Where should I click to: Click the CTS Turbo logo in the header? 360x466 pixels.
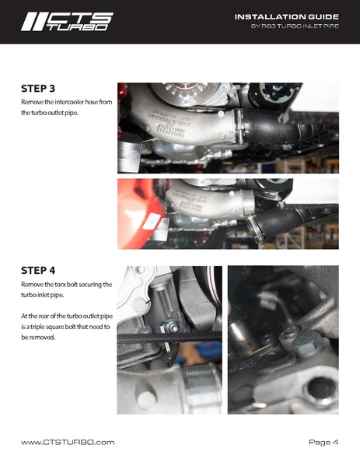pos(66,21)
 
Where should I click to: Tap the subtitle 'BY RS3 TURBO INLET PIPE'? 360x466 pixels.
pos(295,27)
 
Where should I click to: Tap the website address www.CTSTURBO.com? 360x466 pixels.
pos(68,443)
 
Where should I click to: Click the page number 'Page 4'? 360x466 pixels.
pos(323,443)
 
